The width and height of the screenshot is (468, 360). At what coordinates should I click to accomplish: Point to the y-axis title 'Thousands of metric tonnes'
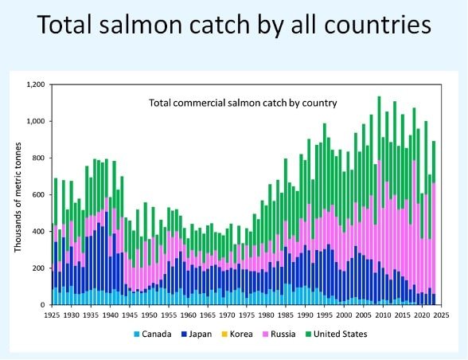(18, 194)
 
